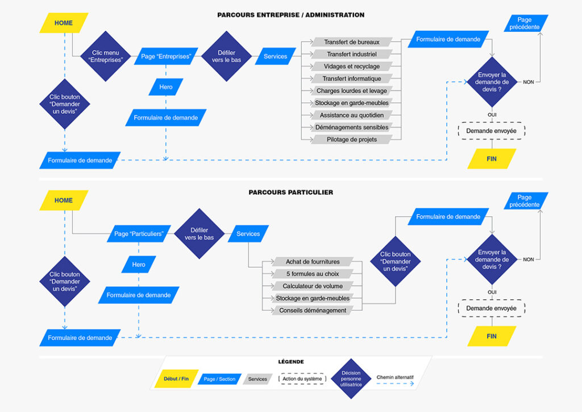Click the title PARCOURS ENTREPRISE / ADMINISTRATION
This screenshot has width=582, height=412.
coord(290,15)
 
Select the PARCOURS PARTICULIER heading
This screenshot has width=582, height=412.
coord(290,192)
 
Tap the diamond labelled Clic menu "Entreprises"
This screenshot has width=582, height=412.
coord(104,56)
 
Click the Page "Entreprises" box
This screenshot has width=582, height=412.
coord(165,56)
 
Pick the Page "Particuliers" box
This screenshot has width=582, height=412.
coord(139,234)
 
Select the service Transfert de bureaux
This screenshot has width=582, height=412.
coord(352,42)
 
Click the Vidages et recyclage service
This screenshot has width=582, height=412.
coord(352,67)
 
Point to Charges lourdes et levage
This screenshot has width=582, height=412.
coord(352,91)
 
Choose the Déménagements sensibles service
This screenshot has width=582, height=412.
coord(352,127)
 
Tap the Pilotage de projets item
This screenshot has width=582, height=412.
coord(352,139)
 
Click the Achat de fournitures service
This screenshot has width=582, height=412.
coord(313,262)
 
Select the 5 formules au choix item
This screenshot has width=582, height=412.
coord(313,274)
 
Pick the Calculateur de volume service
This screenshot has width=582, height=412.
coord(313,286)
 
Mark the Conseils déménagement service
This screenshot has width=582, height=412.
coord(313,310)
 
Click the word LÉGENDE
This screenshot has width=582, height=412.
coord(290,362)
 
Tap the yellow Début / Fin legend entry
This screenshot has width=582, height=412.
coord(176,379)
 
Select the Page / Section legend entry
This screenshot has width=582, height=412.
coord(219,379)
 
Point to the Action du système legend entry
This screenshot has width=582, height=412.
coord(302,379)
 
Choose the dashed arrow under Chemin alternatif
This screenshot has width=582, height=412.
coord(395,384)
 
